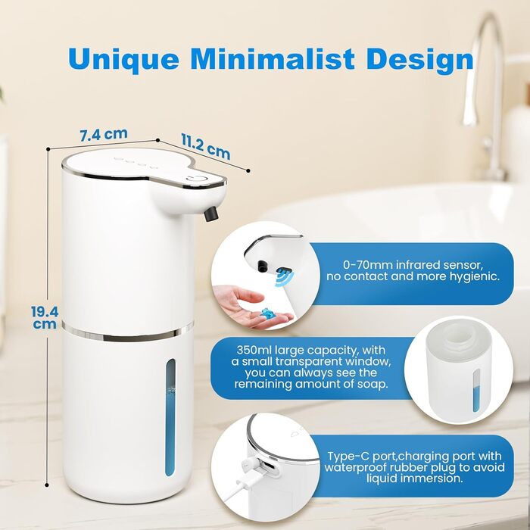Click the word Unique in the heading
pos(123,60)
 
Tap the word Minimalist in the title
pos(273,58)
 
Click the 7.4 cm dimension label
pos(104,135)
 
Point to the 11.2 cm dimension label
pos(206,146)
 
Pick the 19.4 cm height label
pos(45,317)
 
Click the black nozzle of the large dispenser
pos(211,214)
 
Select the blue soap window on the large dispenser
pos(170,417)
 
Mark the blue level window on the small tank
pos(476,391)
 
